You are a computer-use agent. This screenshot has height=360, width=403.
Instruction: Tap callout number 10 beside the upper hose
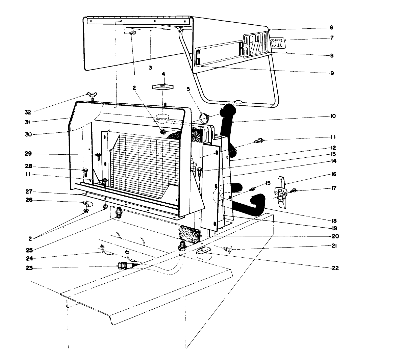(333, 116)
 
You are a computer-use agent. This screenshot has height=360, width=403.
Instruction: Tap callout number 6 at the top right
(331, 28)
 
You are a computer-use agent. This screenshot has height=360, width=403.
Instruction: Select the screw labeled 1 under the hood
(133, 33)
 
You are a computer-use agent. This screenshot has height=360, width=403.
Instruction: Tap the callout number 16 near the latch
(334, 174)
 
